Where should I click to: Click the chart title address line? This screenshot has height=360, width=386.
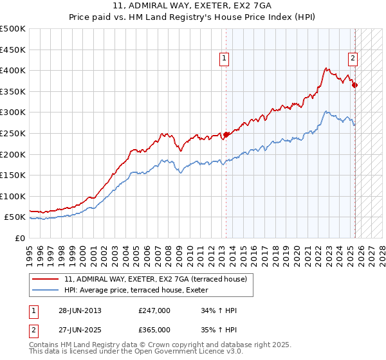tap(193, 6)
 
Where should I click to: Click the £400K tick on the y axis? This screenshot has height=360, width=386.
tap(13, 70)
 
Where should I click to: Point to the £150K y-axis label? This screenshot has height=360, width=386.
tap(13, 175)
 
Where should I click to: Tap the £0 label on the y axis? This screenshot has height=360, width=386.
tap(21, 238)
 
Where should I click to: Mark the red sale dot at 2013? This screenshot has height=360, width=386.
tap(226, 134)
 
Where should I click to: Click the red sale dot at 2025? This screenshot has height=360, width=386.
tap(355, 85)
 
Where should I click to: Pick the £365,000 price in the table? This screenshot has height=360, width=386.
tap(154, 329)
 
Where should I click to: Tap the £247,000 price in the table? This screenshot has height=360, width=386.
tap(154, 310)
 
